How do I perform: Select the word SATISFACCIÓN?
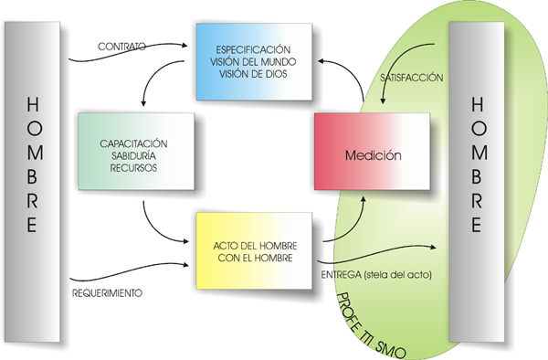click(x=411, y=79)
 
